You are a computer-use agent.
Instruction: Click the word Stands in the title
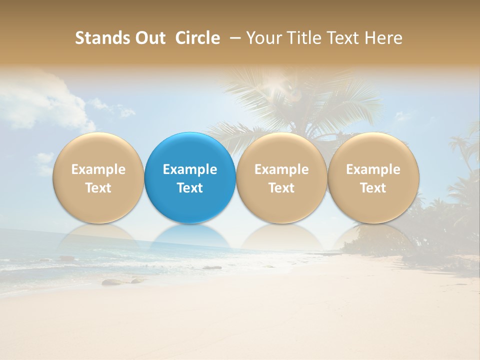pos(101,38)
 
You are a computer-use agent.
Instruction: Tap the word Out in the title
pos(149,38)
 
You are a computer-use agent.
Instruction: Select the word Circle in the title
pos(197,38)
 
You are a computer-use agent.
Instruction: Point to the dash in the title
pos(233,38)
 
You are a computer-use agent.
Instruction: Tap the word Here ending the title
pos(383,38)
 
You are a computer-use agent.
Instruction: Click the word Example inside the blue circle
pos(190,169)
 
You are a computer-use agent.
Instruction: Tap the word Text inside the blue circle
pos(190,188)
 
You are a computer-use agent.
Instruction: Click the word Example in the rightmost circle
pos(373,169)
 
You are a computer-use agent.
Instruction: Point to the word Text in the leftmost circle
pos(98,188)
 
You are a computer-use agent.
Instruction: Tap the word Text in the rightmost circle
pos(373,188)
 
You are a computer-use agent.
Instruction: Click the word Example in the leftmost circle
pos(98,169)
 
